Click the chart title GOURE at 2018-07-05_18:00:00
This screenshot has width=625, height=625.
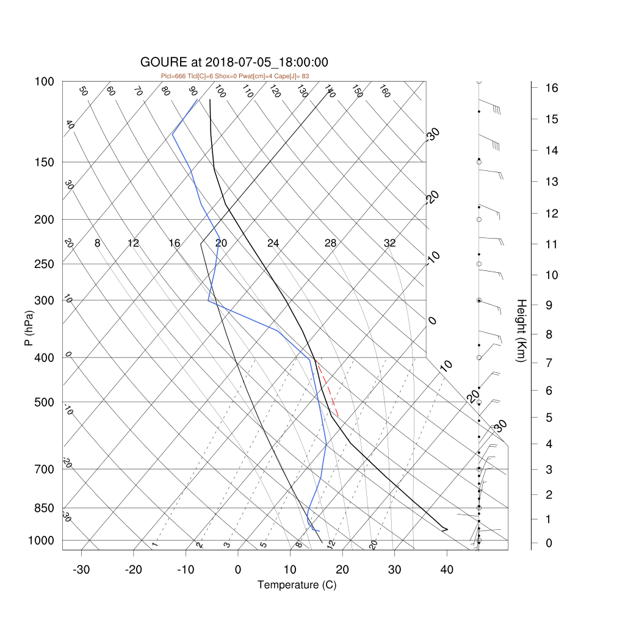coord(234,62)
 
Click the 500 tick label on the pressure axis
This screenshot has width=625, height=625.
coord(44,403)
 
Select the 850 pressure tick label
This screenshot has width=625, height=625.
coord(44,508)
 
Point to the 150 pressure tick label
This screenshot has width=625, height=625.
coord(44,162)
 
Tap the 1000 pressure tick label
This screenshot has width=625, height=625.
coord(41,541)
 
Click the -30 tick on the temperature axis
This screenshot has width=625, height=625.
coord(81,570)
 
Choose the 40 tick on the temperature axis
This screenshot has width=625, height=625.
coord(447,570)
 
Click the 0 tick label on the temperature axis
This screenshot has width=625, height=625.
coord(238,570)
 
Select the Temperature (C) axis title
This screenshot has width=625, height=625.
coord(297,585)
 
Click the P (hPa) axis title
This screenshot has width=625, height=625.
coord(29,328)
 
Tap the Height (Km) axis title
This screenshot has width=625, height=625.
coord(521,330)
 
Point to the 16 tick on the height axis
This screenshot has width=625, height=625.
coord(552,88)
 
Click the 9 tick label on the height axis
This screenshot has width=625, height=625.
coord(549,305)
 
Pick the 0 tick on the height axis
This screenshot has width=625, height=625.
coord(549,543)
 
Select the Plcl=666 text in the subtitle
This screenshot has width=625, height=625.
coord(173,76)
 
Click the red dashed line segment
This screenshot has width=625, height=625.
coord(327,388)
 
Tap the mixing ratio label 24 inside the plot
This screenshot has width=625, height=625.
coord(273,243)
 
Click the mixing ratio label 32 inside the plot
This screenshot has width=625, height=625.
coord(390,243)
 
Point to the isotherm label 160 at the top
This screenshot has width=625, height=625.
coord(385,92)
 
